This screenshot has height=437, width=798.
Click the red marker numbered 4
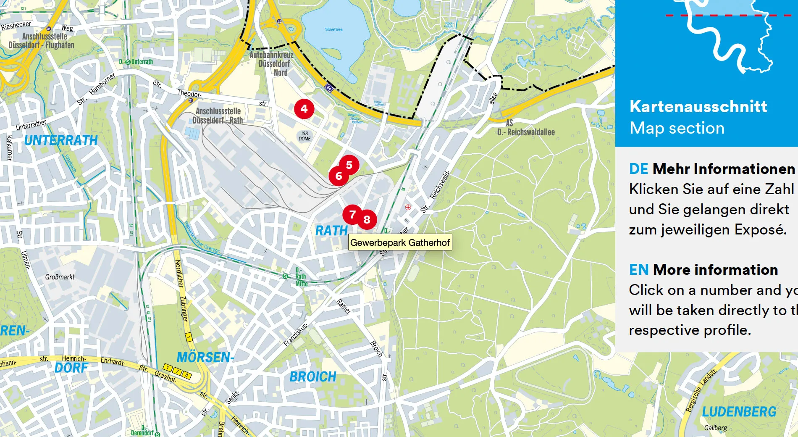(x=304, y=109)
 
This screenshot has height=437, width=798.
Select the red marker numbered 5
(x=349, y=165)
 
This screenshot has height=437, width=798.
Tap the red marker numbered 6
(x=339, y=176)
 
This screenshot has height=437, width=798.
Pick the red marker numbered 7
(x=352, y=215)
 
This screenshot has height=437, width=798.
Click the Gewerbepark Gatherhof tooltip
(x=400, y=242)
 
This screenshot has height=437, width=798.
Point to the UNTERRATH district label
(x=61, y=140)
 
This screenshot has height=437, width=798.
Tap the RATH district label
(x=331, y=231)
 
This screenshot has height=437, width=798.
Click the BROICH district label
(x=313, y=377)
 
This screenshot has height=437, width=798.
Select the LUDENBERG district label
(x=739, y=412)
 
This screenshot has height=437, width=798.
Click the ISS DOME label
(x=305, y=136)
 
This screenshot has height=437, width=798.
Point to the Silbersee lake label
(x=333, y=29)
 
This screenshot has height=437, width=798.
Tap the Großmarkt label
(x=60, y=277)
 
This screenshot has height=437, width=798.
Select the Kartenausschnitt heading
(x=698, y=107)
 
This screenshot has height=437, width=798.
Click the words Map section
(x=677, y=128)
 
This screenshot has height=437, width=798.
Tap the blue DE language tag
(x=638, y=169)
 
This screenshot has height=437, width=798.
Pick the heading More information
(x=715, y=270)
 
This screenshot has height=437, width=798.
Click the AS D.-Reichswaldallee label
(x=526, y=128)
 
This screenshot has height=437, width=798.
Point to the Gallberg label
(x=715, y=428)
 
